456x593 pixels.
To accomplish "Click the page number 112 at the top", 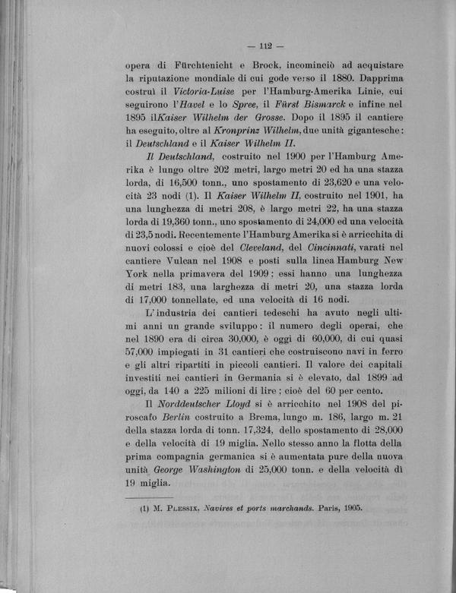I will pyautogui.click(x=271, y=43).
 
